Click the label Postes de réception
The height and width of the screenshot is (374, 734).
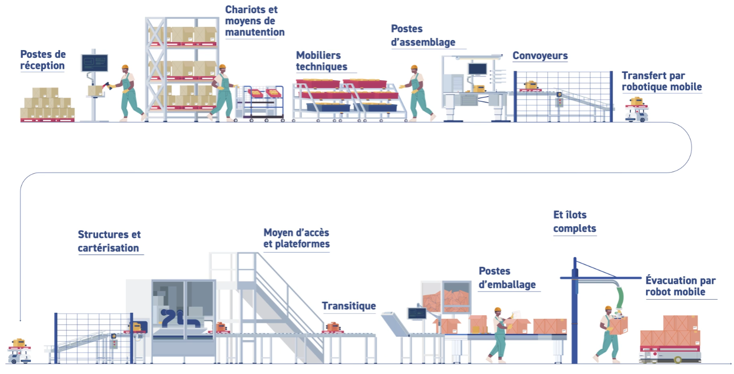pyautogui.click(x=43, y=60)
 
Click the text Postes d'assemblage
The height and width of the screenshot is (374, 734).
pyautogui.click(x=423, y=35)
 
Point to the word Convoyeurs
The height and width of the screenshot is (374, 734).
pyautogui.click(x=540, y=55)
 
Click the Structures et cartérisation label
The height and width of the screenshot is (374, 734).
pyautogui.click(x=109, y=241)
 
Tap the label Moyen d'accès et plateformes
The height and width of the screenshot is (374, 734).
pyautogui.click(x=296, y=238)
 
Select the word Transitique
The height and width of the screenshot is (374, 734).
pyautogui.click(x=349, y=306)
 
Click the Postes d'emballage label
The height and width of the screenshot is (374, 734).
pyautogui.click(x=507, y=278)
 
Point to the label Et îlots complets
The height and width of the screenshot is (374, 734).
pyautogui.click(x=575, y=222)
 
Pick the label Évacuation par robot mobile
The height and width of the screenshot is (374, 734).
pyautogui.click(x=679, y=286)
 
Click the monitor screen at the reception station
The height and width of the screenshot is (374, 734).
pyautogui.click(x=95, y=63)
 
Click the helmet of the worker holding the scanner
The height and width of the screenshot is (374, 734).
pyautogui.click(x=125, y=68)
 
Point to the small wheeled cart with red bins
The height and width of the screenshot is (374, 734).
pyautogui.click(x=264, y=104)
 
